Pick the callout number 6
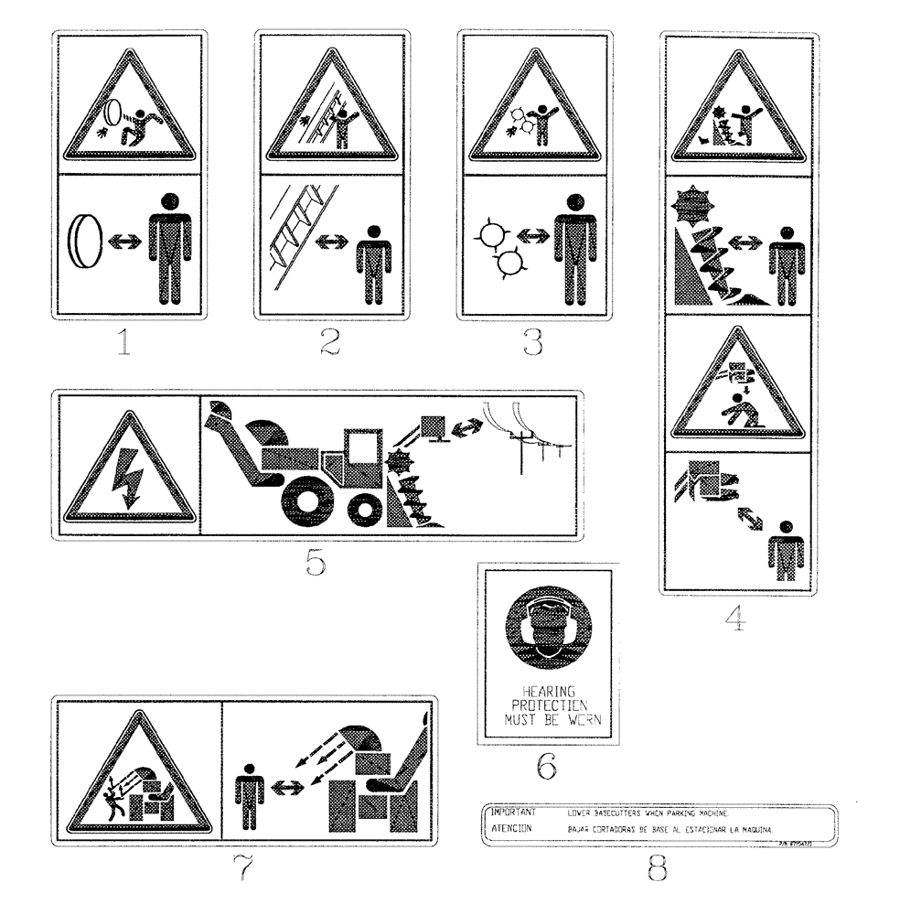coord(547,767)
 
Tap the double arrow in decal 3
coord(530,236)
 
